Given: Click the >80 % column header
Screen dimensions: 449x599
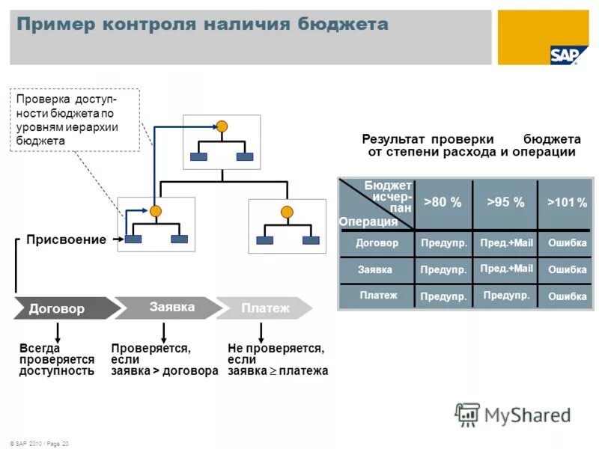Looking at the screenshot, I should coord(443,203).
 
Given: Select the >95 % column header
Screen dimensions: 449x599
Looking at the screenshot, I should coord(505,203).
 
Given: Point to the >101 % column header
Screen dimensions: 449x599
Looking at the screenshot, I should coord(566,203).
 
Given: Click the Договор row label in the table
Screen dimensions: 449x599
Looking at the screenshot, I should coord(377,243).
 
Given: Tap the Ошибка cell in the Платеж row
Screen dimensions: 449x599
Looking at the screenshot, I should coord(567,296).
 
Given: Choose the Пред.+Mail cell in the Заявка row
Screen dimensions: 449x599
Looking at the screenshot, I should coord(506,269).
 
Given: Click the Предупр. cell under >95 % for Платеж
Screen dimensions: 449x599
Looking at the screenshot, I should coord(506,296).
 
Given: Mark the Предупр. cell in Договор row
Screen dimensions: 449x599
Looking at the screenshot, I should coord(444,243).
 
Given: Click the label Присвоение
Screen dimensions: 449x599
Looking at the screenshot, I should coord(65,239).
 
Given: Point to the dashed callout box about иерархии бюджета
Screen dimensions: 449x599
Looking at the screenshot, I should coord(73,120).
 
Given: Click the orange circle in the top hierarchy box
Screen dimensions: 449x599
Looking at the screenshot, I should coord(222,126).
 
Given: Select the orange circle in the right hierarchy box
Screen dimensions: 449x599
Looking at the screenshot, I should coord(287,212).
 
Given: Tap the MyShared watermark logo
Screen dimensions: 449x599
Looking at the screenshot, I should coord(513,414).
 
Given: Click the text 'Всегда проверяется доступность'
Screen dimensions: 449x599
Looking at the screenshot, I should coord(57,360).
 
